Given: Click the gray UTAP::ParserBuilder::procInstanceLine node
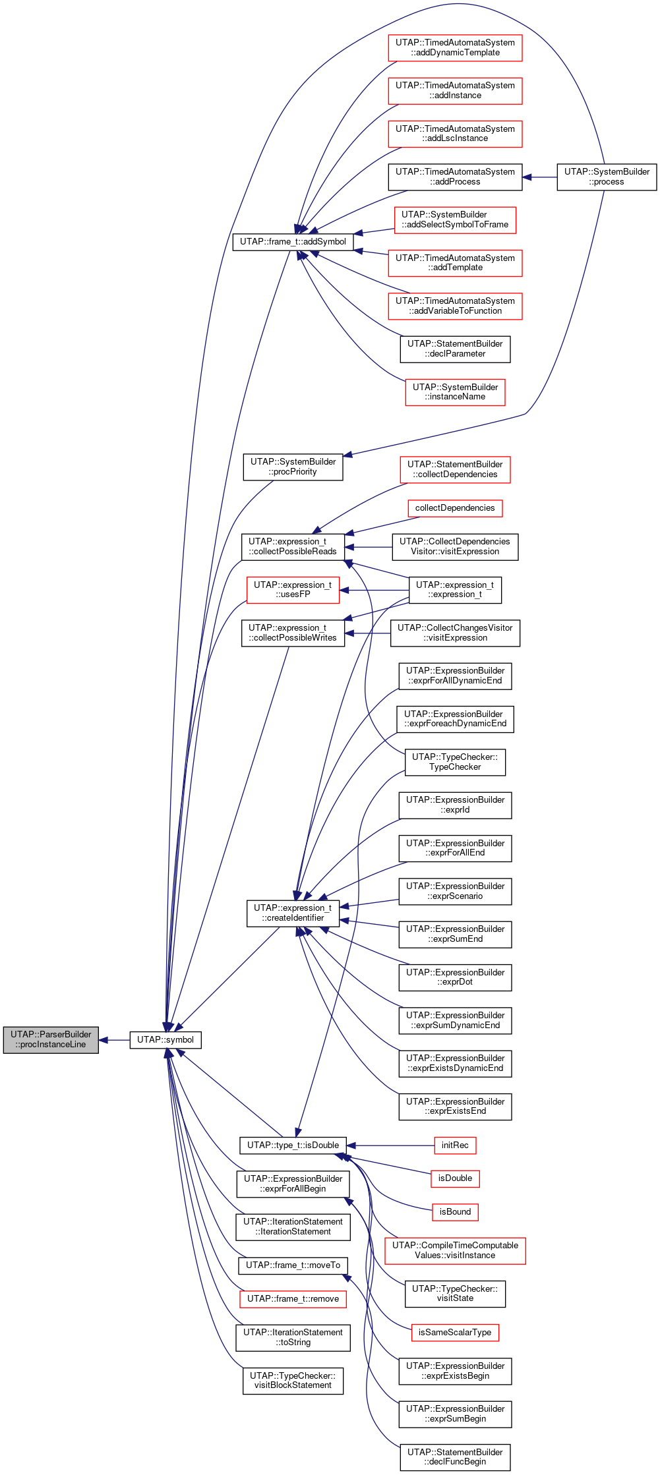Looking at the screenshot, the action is pos(51,1039).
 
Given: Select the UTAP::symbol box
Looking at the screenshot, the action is pos(165,1039).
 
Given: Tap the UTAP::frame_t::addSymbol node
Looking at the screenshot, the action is pos(293,242).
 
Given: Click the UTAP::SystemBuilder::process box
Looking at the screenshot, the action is pos(607,177).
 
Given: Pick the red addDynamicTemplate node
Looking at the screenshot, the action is pos(455,48).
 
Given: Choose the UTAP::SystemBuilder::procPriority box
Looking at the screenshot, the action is pos(293,467).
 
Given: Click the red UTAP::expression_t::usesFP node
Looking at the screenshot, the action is pos(293,590).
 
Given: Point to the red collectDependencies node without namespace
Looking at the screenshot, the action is pos(455,508).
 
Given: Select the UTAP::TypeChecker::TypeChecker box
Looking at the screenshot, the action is pos(455,762).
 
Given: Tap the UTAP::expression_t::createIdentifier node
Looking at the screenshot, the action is pos(293,913).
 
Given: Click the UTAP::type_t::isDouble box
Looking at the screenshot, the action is pos(293,1145).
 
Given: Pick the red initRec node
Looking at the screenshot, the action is pos(455,1145).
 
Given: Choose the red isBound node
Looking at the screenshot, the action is pos(455,1211).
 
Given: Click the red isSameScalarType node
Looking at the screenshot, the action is pos(455,1332).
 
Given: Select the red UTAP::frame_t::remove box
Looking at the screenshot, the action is pos(293,1298).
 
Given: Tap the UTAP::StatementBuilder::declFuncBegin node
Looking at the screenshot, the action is pos(455,1457).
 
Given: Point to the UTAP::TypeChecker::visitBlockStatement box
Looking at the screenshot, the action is pos(293,1380).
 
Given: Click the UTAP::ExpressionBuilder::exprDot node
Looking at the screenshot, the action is pos(455,977).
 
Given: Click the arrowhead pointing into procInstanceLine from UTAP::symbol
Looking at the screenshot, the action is pos(104,1040).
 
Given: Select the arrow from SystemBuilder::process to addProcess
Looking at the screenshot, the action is pos(539,177).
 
